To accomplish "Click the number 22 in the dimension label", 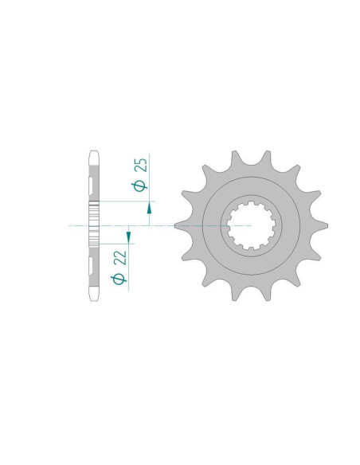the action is pos(120,258).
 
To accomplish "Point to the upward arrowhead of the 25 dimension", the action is pos(149,209).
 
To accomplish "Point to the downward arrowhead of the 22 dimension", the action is pos(128,236).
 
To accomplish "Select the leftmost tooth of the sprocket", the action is pos(182,226).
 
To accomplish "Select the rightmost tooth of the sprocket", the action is pos(320,226).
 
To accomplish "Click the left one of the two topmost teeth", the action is pos(235,158).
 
